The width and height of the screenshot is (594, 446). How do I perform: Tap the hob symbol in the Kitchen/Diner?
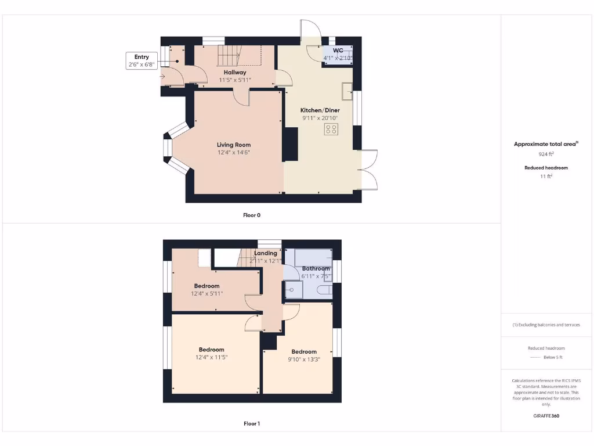331,130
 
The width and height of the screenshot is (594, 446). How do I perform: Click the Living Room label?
234,145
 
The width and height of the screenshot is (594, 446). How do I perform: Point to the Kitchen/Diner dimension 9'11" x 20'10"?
320,118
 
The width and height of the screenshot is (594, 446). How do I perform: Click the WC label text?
338,51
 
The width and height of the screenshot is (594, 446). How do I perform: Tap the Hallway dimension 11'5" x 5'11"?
234,80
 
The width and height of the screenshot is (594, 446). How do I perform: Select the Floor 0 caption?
251,215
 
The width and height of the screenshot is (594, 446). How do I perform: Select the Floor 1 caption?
251,423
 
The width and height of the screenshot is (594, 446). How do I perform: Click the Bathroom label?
316,268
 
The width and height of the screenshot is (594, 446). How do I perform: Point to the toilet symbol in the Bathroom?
325,290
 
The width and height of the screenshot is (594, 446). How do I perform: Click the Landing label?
265,253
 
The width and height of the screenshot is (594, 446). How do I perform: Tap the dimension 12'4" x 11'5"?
211,357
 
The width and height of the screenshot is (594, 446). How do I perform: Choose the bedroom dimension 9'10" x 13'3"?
304,359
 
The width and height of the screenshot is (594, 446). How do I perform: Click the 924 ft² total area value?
545,154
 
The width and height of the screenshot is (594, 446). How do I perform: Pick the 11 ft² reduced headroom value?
545,177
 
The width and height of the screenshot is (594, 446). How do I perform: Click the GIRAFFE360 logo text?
546,416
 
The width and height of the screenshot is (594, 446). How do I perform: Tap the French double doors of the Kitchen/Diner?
370,170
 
